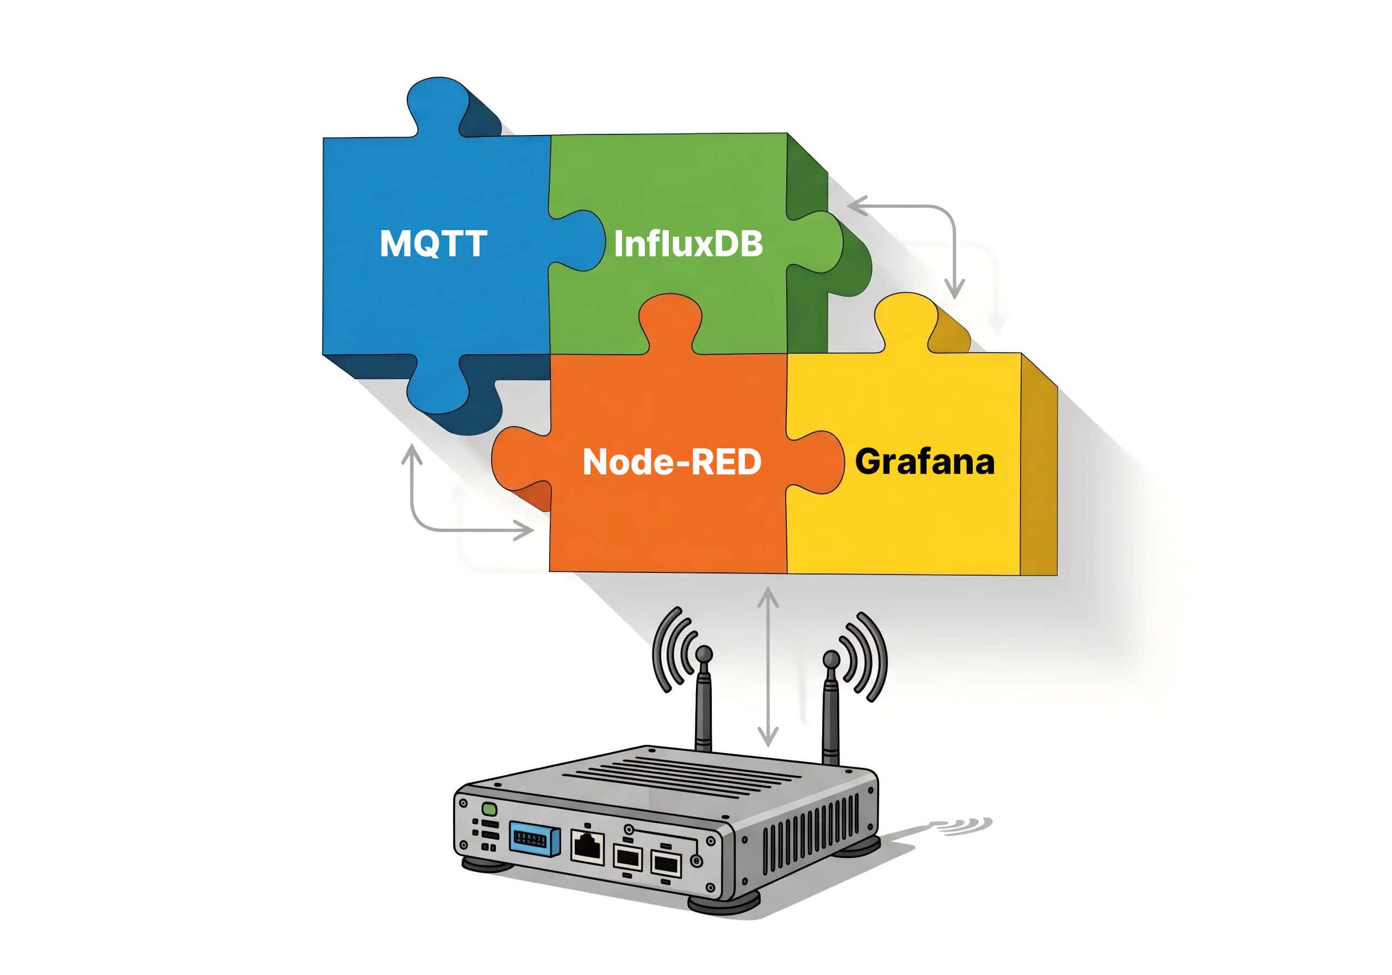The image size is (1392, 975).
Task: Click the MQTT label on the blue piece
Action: (433, 243)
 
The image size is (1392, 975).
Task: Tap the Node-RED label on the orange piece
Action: (671, 462)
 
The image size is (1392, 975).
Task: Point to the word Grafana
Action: (924, 462)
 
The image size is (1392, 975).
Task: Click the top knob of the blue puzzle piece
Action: (438, 106)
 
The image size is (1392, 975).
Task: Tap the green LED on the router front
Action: (489, 810)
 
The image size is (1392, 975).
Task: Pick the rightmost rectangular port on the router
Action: (666, 862)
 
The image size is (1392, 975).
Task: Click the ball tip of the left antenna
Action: (703, 653)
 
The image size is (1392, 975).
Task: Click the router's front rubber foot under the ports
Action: (723, 903)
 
